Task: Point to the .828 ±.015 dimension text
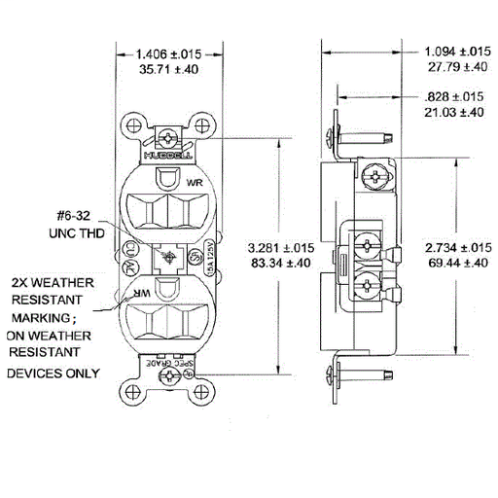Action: pyautogui.click(x=455, y=97)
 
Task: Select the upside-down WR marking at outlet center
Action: pyautogui.click(x=143, y=292)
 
